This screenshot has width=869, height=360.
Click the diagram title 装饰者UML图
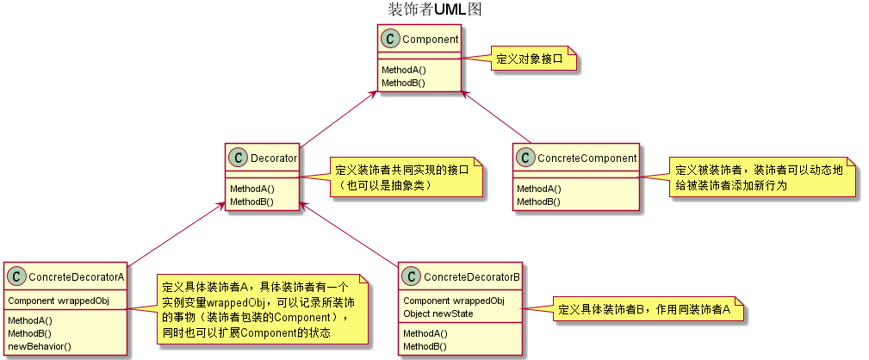tap(434, 9)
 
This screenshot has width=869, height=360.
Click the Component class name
tap(431, 39)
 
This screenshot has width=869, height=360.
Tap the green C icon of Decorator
tap(239, 158)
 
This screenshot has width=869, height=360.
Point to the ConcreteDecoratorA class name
tap(77, 276)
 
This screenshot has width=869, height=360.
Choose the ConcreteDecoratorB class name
tap(473, 276)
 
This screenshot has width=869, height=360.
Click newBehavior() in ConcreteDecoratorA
tap(40, 345)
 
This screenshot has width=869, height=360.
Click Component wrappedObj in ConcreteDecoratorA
tap(59, 301)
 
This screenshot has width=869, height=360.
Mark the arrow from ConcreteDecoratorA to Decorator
tap(171, 235)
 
